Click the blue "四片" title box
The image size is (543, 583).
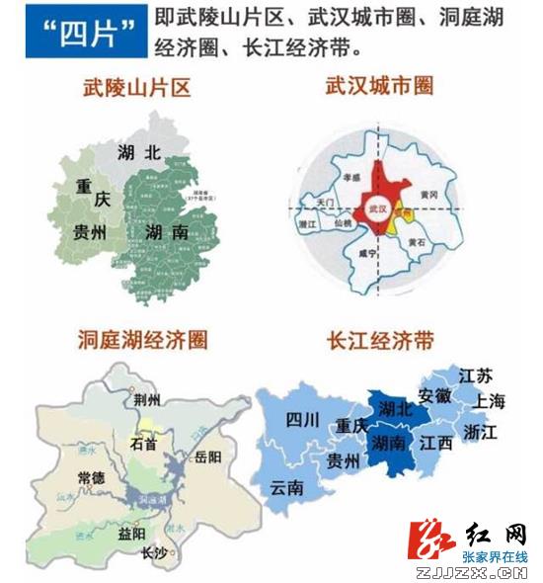pos(87,36)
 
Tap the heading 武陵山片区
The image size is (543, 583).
pos(136,88)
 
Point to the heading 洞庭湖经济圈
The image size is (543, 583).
pos(143,341)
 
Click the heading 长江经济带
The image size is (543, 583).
pos(380,341)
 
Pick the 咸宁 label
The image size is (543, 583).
pos(366,253)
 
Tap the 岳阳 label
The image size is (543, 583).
pos(209,457)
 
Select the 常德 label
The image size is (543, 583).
pos(92,477)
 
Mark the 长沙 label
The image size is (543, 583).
pos(154,555)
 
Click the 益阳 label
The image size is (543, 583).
pos(131,533)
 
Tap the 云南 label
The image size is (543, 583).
pos(286,487)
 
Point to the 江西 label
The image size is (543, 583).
pos(435,443)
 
